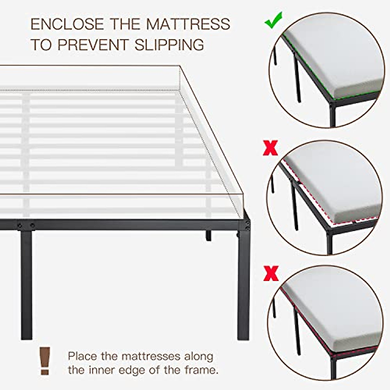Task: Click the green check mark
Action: pos(273,20)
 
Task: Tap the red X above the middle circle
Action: pos(270,148)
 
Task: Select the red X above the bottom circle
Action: pos(271,273)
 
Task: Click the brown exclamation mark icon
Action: pos(45,360)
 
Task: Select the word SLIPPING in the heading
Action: pos(169,45)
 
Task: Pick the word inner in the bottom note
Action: pos(104,370)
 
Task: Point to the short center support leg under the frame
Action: pos(208,236)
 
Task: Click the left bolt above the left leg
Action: pos(20,225)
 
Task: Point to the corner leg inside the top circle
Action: pos(332,115)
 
